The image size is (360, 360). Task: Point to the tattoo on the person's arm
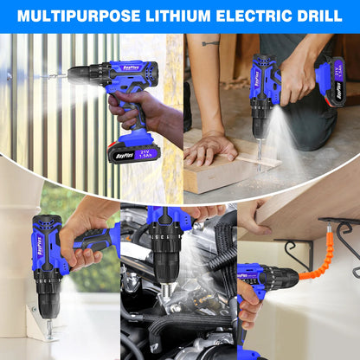(x=210, y=41)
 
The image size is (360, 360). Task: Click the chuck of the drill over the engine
(x=164, y=260)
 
